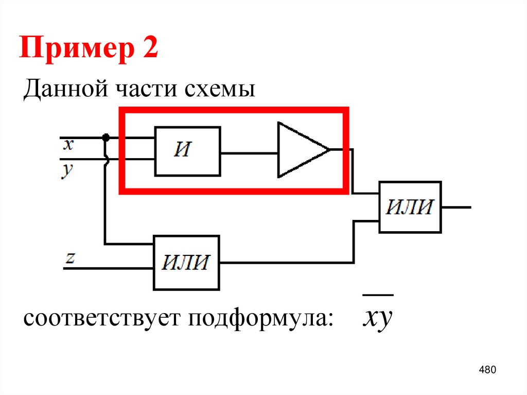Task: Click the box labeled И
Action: (188, 151)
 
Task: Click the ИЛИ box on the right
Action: (410, 207)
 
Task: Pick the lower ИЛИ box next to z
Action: (187, 262)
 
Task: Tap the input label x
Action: (68, 145)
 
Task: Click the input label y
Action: (68, 170)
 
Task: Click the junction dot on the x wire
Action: (106, 138)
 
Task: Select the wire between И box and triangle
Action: (249, 153)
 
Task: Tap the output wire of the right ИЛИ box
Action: (456, 207)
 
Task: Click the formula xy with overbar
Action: (377, 319)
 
